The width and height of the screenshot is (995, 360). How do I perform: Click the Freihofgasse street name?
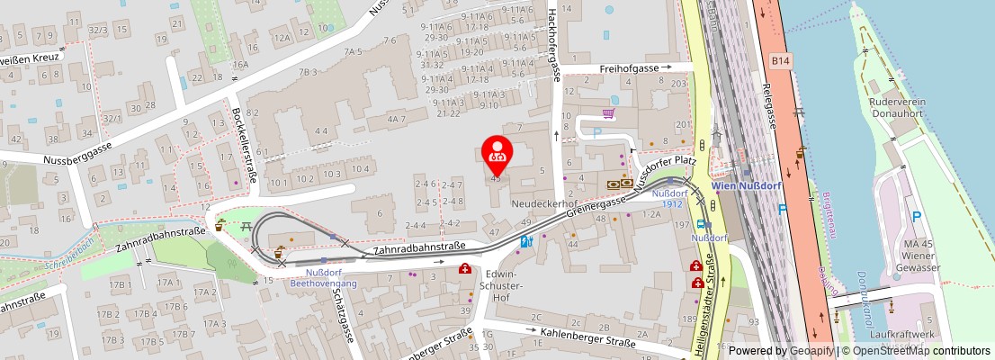click(x=629, y=67)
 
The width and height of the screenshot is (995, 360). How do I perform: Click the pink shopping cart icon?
click(x=609, y=113)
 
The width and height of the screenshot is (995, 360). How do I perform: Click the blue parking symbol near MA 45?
click(x=916, y=216)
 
